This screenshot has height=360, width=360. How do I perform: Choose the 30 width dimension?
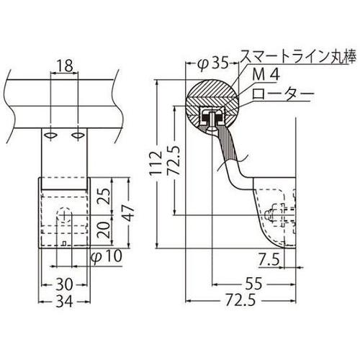click(x=65, y=283)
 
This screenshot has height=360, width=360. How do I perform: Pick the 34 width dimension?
click(x=65, y=301)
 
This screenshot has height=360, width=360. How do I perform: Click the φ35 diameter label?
click(x=212, y=63)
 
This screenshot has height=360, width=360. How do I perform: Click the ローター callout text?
click(x=276, y=94)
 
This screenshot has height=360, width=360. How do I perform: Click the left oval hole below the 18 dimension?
click(x=51, y=135)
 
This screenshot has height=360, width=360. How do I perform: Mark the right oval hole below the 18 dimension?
click(x=77, y=135)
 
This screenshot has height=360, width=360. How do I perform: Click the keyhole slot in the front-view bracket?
click(x=65, y=219)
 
